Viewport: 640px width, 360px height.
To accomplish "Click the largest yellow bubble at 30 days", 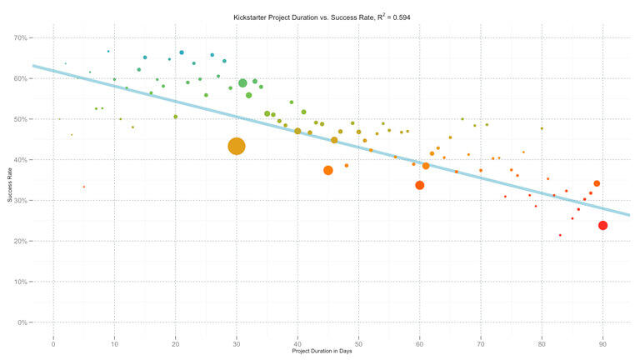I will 237,146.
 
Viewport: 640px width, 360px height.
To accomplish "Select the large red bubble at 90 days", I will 603,225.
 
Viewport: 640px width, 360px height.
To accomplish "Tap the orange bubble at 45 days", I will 328,170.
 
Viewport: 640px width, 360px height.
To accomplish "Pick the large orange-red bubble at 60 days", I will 420,185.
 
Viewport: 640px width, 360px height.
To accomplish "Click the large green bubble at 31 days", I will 242,83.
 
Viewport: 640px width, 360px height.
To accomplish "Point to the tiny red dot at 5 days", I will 84,187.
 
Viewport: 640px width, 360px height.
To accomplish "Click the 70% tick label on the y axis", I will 22,37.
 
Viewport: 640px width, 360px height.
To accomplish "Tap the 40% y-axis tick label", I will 22,160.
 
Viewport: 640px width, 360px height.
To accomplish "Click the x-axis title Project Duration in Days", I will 327,352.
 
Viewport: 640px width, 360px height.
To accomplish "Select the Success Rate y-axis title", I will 9,180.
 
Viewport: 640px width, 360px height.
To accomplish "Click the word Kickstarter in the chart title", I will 251,16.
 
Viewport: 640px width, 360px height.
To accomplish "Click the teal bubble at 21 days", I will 182,52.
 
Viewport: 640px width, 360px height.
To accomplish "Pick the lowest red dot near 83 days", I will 560,235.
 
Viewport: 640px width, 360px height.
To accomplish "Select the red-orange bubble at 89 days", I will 597,183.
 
